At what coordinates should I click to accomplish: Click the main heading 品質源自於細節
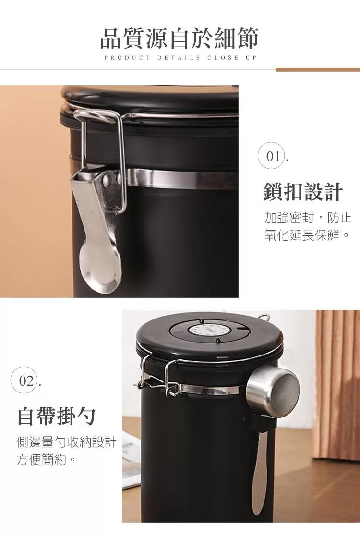tap(180, 38)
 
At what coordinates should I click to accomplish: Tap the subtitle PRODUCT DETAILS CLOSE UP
tap(180, 58)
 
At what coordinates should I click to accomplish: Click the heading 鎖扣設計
tap(303, 191)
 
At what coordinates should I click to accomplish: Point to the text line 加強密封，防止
tap(308, 218)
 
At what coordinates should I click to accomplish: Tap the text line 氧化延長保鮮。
tap(307, 235)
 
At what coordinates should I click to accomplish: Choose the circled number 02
tap(25, 381)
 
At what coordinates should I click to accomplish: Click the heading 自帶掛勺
tap(57, 416)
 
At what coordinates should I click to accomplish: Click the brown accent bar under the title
tap(318, 70)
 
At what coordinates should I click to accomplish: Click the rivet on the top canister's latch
tap(108, 178)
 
